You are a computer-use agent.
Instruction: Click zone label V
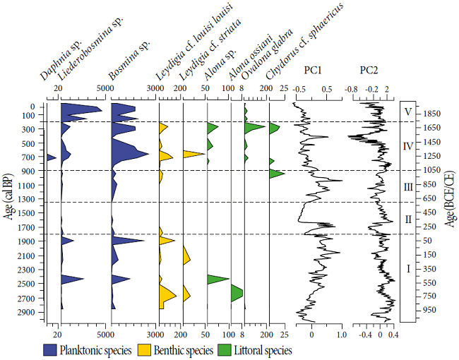tap(408, 111)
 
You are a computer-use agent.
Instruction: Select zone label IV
tap(407, 147)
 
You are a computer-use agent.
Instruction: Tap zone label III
tap(407, 187)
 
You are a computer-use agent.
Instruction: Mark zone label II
tap(407, 219)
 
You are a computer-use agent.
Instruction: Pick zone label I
tap(407, 268)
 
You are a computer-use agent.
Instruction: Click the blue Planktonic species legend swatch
tap(50, 349)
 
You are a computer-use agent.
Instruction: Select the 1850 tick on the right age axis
tap(432, 114)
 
